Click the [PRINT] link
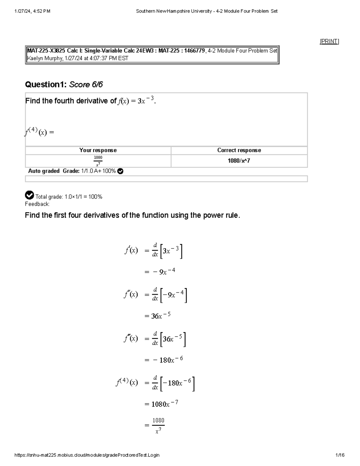tap(329, 41)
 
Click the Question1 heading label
tap(46, 85)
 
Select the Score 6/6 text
tap(86, 85)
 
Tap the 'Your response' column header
tap(98, 150)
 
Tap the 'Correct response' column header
tap(239, 150)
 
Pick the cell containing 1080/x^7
tap(239, 161)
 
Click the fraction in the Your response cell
tap(98, 161)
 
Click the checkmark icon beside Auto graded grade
tap(120, 171)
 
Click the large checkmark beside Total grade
tap(29, 195)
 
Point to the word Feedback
tap(37, 204)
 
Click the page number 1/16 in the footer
tap(340, 455)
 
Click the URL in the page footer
tap(87, 455)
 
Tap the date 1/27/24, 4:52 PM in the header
tap(32, 11)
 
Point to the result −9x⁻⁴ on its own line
tap(164, 272)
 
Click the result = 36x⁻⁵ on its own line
tap(157, 316)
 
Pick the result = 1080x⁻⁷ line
tap(161, 404)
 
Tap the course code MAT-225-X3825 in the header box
tap(46, 51)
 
